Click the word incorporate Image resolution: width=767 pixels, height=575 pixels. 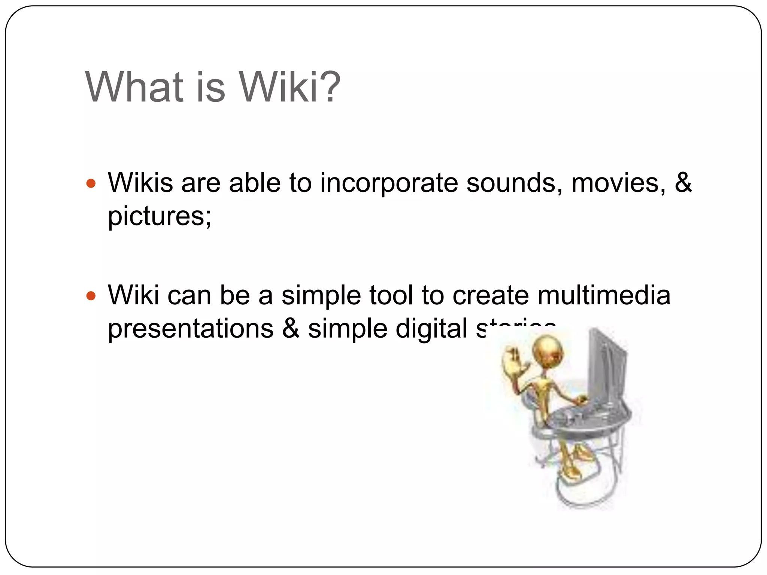(x=389, y=183)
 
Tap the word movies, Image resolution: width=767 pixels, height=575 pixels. (x=618, y=183)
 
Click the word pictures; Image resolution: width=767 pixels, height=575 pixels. (x=160, y=217)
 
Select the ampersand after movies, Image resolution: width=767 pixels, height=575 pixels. (x=683, y=183)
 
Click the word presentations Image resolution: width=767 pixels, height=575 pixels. (x=191, y=329)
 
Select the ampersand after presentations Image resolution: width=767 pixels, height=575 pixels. (x=291, y=329)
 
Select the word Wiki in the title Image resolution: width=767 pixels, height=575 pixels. (x=279, y=87)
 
